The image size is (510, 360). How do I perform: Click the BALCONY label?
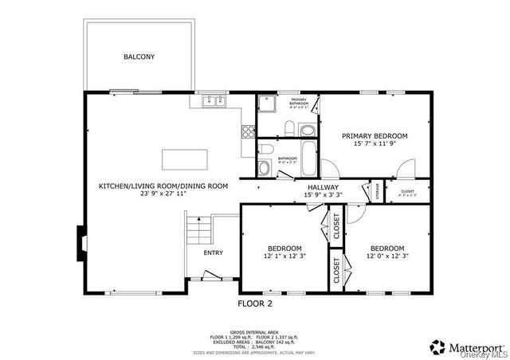point(139,57)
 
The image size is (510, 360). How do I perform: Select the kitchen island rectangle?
point(184,159)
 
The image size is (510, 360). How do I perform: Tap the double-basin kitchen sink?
point(212,101)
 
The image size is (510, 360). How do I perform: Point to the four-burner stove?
point(248,132)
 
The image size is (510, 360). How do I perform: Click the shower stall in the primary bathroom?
point(268,106)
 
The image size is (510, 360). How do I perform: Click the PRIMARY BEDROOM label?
point(375,136)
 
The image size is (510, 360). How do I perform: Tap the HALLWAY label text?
point(323,187)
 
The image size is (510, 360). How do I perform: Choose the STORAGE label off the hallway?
point(367,192)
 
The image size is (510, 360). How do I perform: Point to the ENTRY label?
point(213,253)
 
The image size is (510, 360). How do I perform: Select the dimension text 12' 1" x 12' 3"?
point(284,256)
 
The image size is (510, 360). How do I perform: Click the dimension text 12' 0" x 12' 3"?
point(386,256)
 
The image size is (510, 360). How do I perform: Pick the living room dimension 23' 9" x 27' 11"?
point(163,194)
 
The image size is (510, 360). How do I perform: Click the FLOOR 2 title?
point(255,303)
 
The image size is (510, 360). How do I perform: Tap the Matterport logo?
point(466,346)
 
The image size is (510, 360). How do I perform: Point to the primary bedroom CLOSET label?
point(407,191)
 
